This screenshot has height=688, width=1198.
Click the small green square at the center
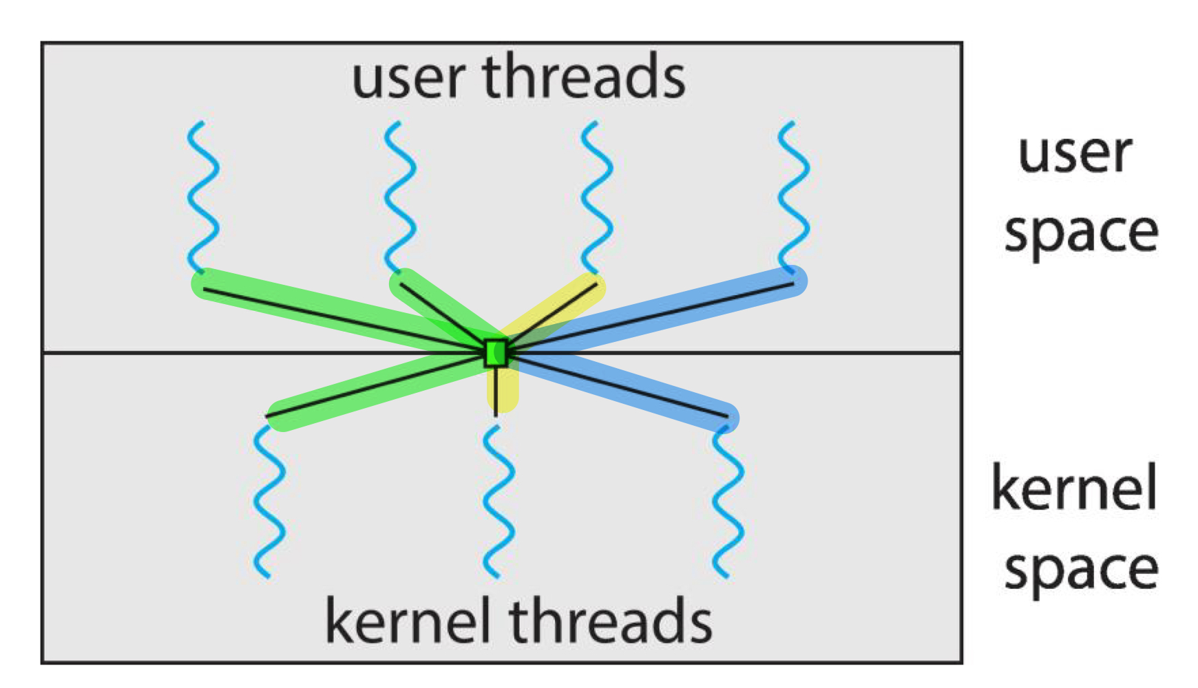496,353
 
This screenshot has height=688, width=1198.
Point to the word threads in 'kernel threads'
611,621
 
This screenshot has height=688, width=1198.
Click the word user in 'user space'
1075,153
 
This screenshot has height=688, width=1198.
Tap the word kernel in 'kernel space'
1074,488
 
